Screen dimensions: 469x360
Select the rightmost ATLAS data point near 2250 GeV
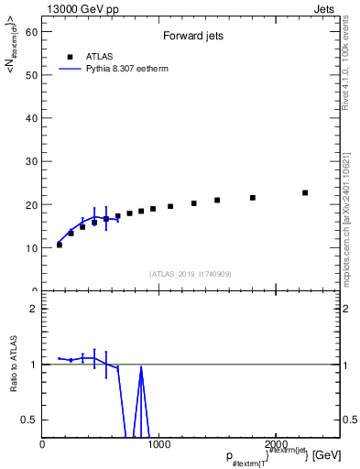coord(305,192)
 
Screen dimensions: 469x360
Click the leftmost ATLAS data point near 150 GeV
coord(60,245)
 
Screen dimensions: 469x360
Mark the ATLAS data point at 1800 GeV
coord(253,198)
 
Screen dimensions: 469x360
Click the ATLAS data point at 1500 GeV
coord(217,200)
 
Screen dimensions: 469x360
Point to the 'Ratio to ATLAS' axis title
coord(15,365)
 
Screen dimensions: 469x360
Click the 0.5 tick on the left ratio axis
coord(33,420)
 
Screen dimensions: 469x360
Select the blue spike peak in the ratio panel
coord(141,368)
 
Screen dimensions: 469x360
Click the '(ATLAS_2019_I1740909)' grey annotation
coord(191,274)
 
